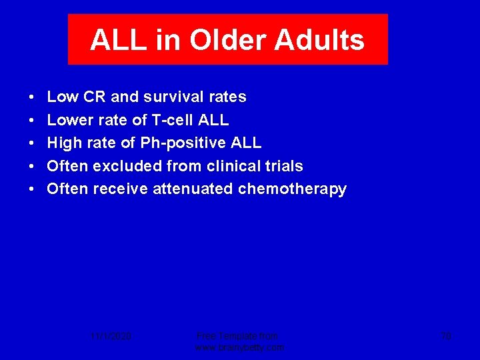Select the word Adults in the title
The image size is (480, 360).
(x=323, y=40)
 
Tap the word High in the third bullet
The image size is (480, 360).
(x=64, y=143)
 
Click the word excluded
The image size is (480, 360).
(x=125, y=166)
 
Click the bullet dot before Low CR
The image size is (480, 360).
(x=33, y=97)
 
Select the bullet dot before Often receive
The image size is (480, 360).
(x=33, y=189)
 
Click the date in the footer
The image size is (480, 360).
(x=111, y=336)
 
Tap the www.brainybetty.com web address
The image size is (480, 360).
(x=239, y=347)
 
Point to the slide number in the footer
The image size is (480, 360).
(x=446, y=336)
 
